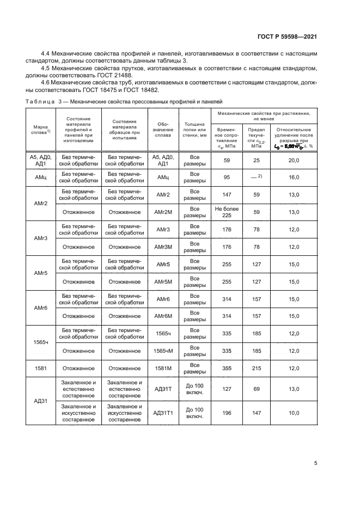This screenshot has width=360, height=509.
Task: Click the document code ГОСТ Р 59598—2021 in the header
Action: coord(287,36)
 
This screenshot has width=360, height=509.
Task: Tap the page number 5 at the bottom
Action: coord(316,464)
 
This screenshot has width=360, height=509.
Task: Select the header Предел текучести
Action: coord(257,138)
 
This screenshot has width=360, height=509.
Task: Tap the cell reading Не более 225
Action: coord(227,212)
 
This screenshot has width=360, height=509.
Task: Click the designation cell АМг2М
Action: coord(164,212)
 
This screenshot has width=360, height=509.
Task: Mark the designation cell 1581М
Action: coord(164,369)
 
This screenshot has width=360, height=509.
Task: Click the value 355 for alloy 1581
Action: coord(227,369)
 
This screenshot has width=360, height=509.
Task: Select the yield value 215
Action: coord(257,369)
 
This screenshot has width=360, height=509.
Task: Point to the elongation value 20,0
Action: coord(294,160)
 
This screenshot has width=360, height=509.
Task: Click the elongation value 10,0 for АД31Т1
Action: coord(294,413)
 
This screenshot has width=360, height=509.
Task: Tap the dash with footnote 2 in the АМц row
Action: coord(257,177)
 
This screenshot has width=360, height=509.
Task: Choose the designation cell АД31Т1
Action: coord(164,413)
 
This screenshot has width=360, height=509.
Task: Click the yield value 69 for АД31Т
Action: coord(257,389)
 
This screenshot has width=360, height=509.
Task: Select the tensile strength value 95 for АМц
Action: coord(227,177)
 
